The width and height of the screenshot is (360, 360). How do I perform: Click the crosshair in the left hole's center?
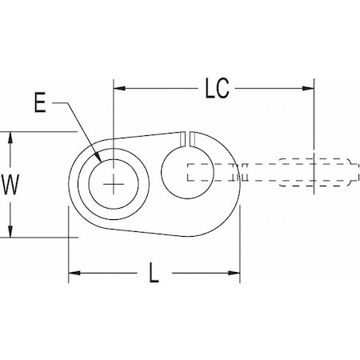(116, 184)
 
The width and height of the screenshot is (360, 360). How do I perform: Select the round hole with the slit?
(188, 172)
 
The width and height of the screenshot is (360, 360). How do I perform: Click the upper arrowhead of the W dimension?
(10, 137)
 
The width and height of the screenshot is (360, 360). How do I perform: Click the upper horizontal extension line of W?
(40, 131)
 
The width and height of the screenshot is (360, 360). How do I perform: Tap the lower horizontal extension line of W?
(40, 237)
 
